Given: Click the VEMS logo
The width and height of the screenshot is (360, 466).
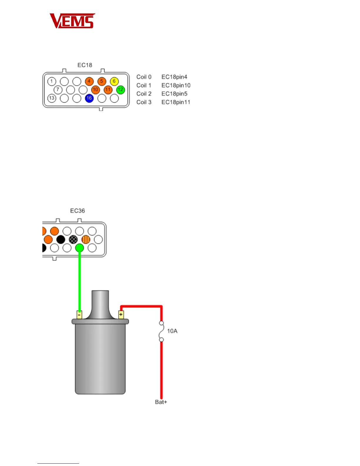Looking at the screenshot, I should (72, 21).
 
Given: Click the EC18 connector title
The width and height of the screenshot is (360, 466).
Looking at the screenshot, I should (85, 65).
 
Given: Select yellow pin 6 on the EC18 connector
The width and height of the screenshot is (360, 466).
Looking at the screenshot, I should (114, 81).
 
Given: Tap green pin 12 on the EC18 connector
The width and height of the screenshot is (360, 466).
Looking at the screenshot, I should (121, 90).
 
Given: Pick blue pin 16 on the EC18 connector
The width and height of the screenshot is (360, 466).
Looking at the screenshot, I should (89, 98).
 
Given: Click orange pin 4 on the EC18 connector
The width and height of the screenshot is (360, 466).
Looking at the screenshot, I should (89, 81).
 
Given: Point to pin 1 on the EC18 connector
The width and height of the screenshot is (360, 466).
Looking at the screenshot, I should (52, 81).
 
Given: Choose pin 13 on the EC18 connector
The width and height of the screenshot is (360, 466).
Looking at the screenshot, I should (52, 98).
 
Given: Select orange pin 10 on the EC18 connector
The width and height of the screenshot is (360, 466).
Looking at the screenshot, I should (95, 90).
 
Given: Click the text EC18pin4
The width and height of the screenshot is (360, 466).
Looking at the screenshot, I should (174, 77).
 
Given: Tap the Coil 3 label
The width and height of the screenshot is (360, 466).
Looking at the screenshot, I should (144, 102).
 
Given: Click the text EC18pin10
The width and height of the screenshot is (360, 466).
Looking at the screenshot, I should (176, 86).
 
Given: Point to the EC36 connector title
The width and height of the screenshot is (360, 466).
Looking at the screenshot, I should (77, 211).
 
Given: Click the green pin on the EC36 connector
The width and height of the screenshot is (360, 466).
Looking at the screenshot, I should (79, 248).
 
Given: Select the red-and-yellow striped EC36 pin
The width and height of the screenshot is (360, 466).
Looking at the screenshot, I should (86, 239).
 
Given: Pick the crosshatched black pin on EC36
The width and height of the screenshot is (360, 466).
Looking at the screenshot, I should (73, 239).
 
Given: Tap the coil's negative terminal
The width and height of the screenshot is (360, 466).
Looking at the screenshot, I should (79, 314).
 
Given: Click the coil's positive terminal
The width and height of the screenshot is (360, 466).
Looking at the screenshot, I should (121, 314).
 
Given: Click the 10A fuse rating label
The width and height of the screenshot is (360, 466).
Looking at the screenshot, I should (172, 331).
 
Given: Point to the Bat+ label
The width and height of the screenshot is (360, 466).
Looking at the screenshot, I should (161, 402).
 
